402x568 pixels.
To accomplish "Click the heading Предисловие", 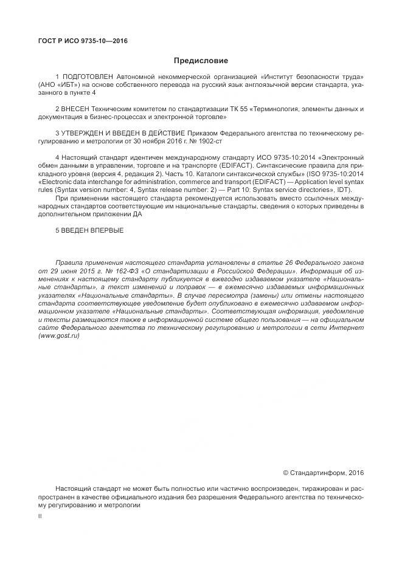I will click(201, 61).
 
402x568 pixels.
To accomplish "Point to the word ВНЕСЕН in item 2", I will click(76, 109).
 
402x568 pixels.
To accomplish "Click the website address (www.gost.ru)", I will click(59, 337).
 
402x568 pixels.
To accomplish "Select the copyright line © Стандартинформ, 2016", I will click(324, 471).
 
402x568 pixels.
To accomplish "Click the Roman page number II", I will click(40, 515).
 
